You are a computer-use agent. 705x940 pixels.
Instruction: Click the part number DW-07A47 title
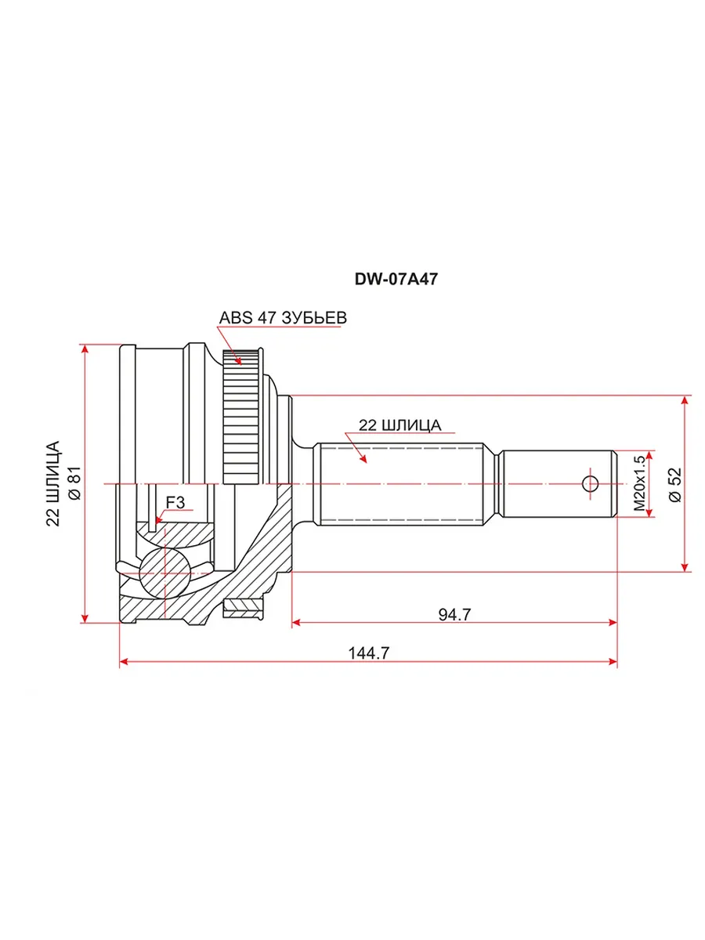coord(396,279)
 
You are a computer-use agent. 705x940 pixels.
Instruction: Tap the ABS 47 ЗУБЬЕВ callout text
coord(283,318)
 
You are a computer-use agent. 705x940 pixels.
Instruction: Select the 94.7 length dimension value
coord(454,615)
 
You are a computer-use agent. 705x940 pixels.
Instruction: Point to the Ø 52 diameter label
coord(675,484)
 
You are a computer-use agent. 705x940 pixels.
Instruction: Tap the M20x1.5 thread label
coord(639,483)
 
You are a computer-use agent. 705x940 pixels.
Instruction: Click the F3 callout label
coord(175,502)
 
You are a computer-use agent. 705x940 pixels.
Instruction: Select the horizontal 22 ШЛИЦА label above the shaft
coord(399,425)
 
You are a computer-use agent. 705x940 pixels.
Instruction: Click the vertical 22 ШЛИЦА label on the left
coord(53,483)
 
